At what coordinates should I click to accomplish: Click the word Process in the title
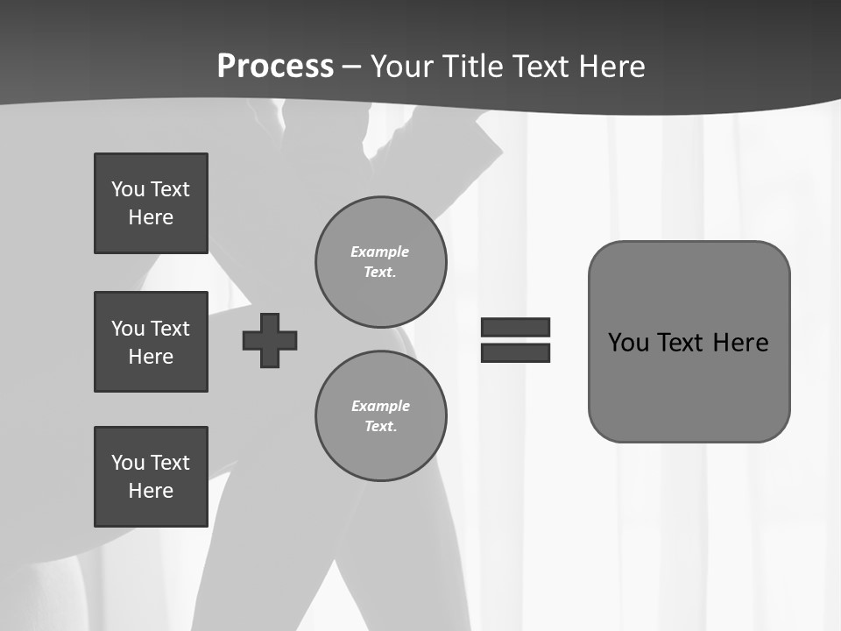(x=275, y=67)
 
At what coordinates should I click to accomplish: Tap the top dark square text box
(x=151, y=203)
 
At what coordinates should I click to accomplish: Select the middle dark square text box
(x=151, y=342)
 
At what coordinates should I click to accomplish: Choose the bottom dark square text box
(x=151, y=477)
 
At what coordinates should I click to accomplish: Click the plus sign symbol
(x=270, y=340)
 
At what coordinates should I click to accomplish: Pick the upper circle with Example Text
(x=380, y=262)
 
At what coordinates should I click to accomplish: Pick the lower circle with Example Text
(x=380, y=416)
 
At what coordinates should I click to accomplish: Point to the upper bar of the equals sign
(x=515, y=327)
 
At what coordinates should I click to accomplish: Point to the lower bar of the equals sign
(x=515, y=352)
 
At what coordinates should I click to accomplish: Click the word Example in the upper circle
(x=380, y=252)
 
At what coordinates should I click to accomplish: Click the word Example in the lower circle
(x=380, y=406)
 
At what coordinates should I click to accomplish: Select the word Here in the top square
(x=151, y=217)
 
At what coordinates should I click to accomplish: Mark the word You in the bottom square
(x=128, y=463)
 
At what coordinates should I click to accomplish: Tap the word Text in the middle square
(x=170, y=329)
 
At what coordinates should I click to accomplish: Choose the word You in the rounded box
(x=628, y=343)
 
